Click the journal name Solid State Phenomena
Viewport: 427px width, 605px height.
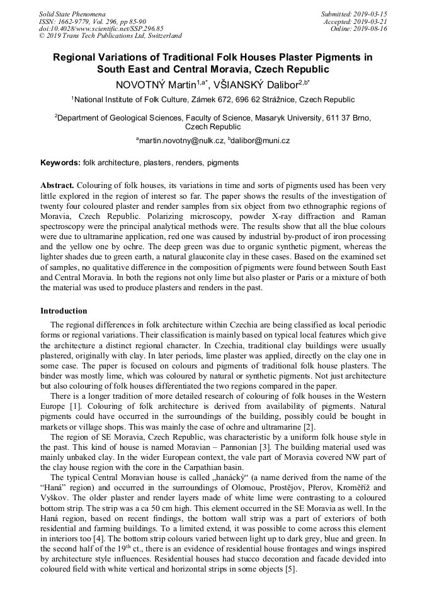[72, 13]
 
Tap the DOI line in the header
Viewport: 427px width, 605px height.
[101, 28]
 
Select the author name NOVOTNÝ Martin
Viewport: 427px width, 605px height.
[155, 83]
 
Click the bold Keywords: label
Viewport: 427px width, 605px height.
[60, 163]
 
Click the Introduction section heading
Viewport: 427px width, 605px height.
[64, 310]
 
